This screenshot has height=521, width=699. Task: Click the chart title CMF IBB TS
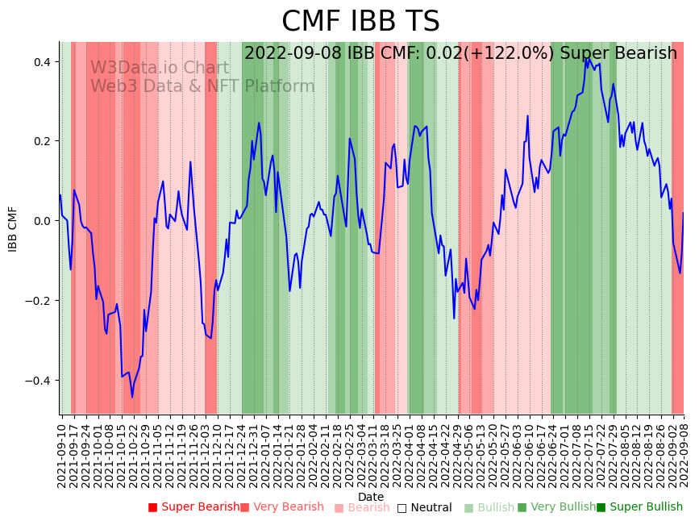[360, 22]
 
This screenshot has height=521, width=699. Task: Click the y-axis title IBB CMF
[13, 229]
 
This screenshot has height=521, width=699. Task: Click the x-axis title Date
[371, 497]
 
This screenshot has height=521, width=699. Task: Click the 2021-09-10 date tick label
[62, 452]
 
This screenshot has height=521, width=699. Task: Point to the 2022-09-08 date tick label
[684, 452]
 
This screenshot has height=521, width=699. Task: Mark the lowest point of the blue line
[132, 397]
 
